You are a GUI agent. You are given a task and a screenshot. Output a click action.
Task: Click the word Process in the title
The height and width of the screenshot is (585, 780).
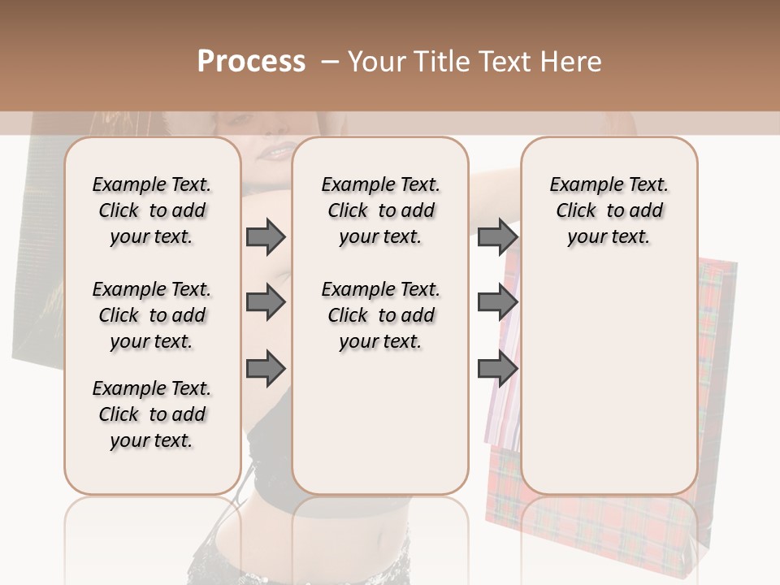click(251, 62)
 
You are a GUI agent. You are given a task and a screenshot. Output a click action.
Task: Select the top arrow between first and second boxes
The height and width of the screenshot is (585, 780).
click(266, 236)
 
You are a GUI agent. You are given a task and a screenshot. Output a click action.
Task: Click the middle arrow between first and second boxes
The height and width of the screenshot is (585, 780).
click(266, 303)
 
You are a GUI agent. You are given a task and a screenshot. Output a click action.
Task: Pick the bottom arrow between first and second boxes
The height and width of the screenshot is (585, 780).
click(266, 369)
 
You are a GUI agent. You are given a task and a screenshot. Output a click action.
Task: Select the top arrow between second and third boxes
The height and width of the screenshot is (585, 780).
click(497, 236)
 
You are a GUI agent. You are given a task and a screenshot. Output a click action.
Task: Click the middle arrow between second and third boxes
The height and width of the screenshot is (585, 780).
click(497, 303)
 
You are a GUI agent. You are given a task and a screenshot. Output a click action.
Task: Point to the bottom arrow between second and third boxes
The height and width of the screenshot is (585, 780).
click(497, 369)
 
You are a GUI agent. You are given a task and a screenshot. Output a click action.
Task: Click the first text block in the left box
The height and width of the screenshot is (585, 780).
click(152, 210)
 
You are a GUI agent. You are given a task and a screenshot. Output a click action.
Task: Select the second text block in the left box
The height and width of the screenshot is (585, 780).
click(152, 315)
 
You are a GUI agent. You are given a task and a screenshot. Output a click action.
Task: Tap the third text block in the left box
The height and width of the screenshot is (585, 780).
click(152, 414)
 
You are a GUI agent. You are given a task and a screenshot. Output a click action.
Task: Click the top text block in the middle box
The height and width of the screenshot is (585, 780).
click(380, 210)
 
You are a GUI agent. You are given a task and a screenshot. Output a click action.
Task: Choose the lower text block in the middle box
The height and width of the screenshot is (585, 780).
click(380, 315)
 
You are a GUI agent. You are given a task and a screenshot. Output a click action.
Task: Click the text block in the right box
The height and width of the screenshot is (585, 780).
click(609, 210)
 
